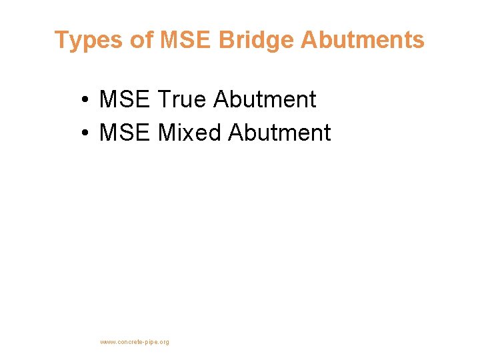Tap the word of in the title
141,41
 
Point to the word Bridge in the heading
255,41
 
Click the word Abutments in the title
362,41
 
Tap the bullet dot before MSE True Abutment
87,101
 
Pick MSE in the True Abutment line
125,100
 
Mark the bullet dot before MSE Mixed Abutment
87,133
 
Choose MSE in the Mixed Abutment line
125,133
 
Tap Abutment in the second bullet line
279,133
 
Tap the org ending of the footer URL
165,342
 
